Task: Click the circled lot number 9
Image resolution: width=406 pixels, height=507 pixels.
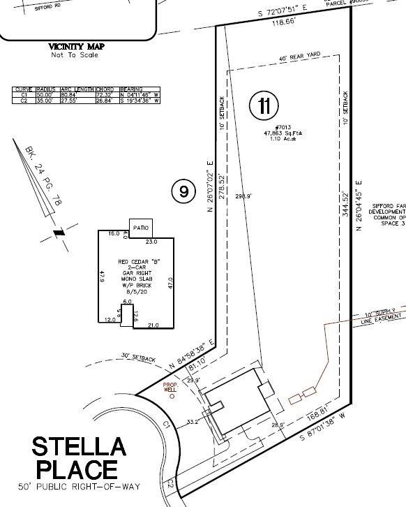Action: click(x=183, y=191)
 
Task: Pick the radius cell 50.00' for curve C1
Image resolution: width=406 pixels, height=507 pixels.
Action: click(x=46, y=95)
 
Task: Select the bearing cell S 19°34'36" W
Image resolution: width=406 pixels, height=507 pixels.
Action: click(x=140, y=101)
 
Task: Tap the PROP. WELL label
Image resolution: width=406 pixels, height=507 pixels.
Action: click(x=171, y=387)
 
